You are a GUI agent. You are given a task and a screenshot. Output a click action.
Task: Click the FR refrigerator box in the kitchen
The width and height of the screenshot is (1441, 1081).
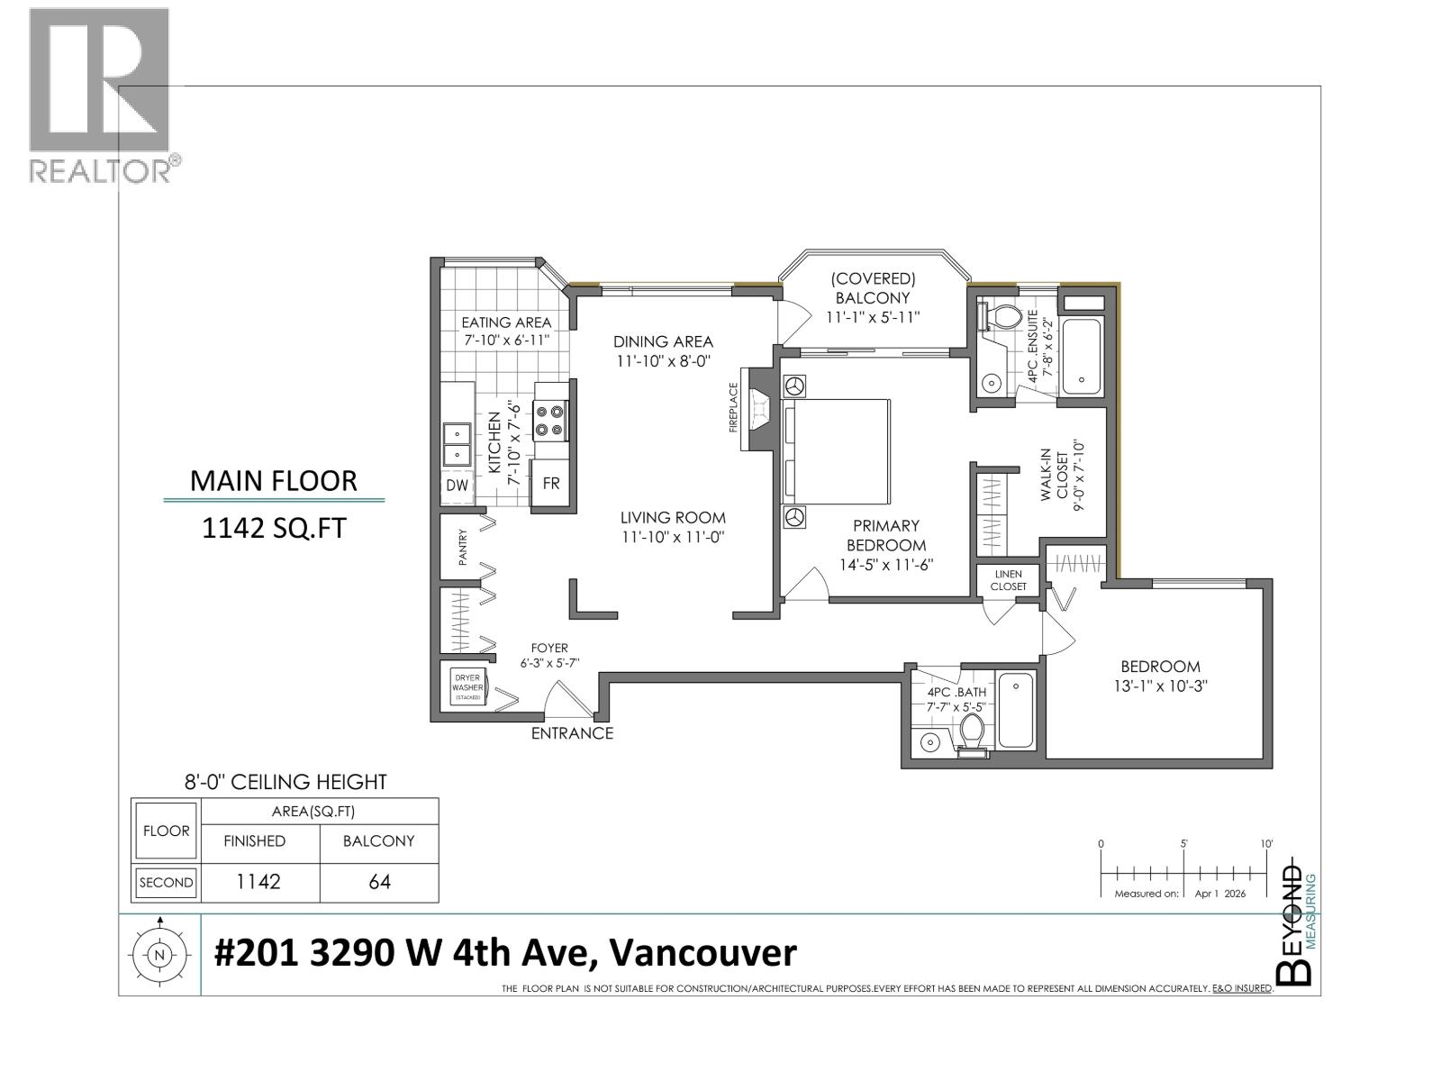pos(550,484)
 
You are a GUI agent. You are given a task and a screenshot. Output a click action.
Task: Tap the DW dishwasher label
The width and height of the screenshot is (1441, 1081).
pos(458,486)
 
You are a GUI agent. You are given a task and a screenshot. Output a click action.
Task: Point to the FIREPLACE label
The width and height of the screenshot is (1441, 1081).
pos(733,407)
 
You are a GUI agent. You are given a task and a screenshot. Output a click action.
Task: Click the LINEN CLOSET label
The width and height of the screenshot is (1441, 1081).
pos(1008,580)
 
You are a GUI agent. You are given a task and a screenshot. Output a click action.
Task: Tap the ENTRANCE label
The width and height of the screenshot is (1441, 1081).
pos(572,733)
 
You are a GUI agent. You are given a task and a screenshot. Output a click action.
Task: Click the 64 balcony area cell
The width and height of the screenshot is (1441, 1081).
pos(379,882)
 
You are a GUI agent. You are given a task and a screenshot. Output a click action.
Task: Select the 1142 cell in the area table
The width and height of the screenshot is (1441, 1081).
pos(258,882)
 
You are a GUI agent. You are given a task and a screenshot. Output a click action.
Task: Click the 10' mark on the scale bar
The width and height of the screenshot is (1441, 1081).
pos(1266,844)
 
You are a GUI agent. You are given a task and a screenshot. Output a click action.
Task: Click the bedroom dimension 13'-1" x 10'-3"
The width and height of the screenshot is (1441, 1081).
pos(1160,686)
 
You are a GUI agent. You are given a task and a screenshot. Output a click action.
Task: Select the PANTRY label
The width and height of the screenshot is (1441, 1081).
pos(463,547)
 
